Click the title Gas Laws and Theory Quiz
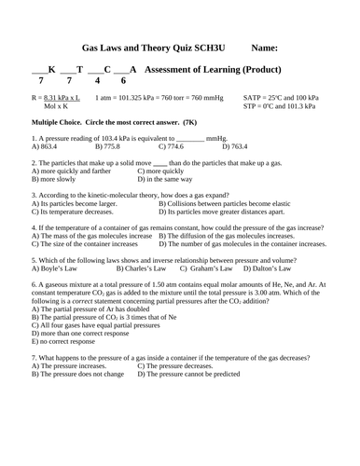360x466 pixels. tap(144, 47)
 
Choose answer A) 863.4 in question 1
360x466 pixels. tap(45, 146)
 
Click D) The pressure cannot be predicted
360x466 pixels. tap(195, 372)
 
